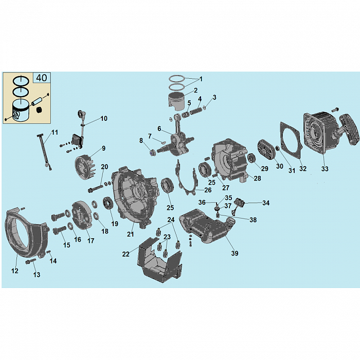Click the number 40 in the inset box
42,78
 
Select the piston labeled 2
176,101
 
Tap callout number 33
325,169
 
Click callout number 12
15,271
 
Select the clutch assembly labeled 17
82,215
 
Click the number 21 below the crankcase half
130,234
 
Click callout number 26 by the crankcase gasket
208,190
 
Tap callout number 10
104,118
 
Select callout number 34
266,203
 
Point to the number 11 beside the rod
55,133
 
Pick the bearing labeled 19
107,203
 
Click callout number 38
253,220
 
